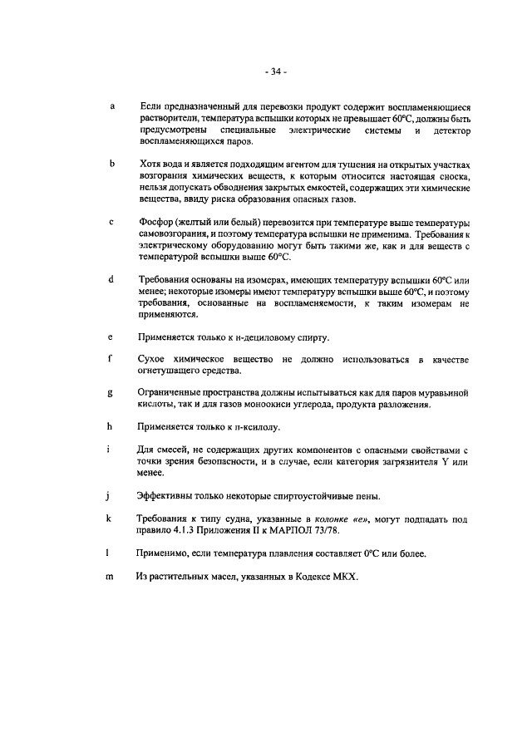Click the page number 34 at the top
[275, 72]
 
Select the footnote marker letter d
[111, 278]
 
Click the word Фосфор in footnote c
[158, 223]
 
